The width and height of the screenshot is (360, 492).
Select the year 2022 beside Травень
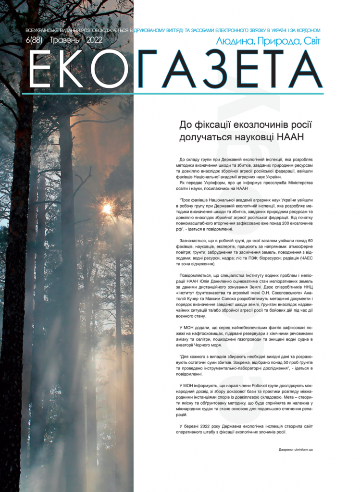97,41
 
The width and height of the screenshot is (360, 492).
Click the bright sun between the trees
107,209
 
